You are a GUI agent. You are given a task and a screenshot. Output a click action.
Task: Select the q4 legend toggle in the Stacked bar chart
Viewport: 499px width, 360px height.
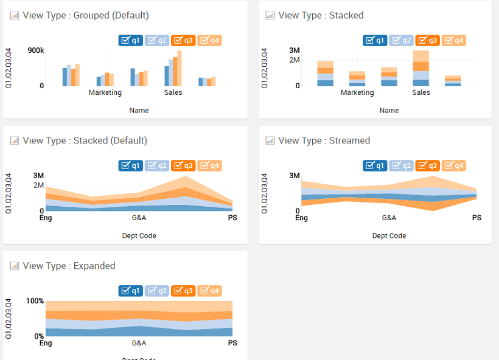coord(454,41)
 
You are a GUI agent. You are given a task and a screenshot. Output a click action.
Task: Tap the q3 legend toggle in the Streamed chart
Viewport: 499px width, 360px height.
coord(427,165)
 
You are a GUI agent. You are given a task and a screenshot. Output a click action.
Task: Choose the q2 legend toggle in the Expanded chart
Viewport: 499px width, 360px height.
coord(157,291)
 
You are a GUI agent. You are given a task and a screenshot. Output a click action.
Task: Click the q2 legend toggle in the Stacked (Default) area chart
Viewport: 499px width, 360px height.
coord(157,165)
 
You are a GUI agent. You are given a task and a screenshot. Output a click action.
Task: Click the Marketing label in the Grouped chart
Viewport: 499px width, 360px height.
coord(105,93)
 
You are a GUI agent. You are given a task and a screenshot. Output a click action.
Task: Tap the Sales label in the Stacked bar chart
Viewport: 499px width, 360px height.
coord(421,93)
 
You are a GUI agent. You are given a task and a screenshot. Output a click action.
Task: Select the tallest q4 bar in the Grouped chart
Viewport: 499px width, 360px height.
coord(180,68)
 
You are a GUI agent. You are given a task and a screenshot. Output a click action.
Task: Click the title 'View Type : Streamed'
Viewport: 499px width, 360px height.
coord(324,140)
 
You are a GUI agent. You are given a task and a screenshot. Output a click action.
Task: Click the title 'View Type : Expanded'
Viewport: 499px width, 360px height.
coord(69,266)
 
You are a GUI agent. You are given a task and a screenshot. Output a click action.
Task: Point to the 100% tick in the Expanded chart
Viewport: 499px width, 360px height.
coord(35,301)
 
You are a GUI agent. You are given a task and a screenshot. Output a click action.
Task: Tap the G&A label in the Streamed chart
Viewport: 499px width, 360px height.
coord(389,218)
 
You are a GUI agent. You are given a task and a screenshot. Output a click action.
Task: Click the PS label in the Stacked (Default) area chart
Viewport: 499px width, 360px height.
coord(232,218)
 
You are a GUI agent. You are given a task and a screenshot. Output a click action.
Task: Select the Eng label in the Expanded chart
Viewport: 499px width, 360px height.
coord(46,343)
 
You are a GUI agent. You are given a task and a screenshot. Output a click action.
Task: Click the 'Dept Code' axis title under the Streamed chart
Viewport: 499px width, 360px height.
coord(389,236)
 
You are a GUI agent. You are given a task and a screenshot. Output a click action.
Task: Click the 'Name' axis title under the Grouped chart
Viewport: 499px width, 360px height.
coord(139,111)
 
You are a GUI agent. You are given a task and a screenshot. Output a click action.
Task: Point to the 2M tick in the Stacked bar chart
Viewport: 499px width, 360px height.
coord(295,60)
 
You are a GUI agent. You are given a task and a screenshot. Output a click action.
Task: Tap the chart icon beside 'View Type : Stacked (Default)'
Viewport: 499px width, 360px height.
coord(15,141)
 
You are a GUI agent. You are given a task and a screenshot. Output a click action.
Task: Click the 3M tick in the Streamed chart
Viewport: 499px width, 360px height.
coord(295,176)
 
